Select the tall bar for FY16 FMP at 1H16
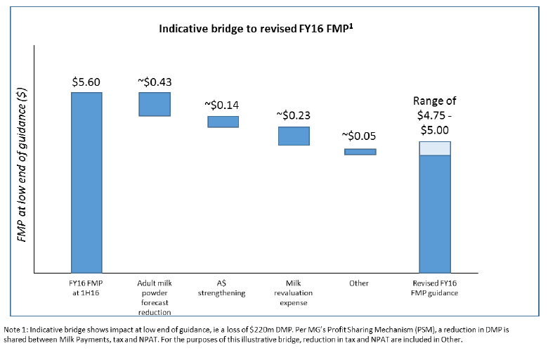[x=86, y=181]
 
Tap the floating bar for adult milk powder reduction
[x=155, y=104]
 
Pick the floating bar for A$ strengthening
[x=223, y=122]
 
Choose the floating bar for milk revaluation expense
[x=294, y=136]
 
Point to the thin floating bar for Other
[x=360, y=151]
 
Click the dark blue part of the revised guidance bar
[x=435, y=213]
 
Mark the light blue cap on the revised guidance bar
[x=435, y=148]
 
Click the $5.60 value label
[x=87, y=82]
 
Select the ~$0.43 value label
[x=155, y=82]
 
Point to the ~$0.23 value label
[x=294, y=116]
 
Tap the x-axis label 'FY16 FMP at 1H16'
[x=86, y=288]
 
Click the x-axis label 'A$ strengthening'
[x=223, y=288]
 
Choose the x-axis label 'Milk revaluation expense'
[x=294, y=292]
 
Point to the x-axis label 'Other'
[x=359, y=283]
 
